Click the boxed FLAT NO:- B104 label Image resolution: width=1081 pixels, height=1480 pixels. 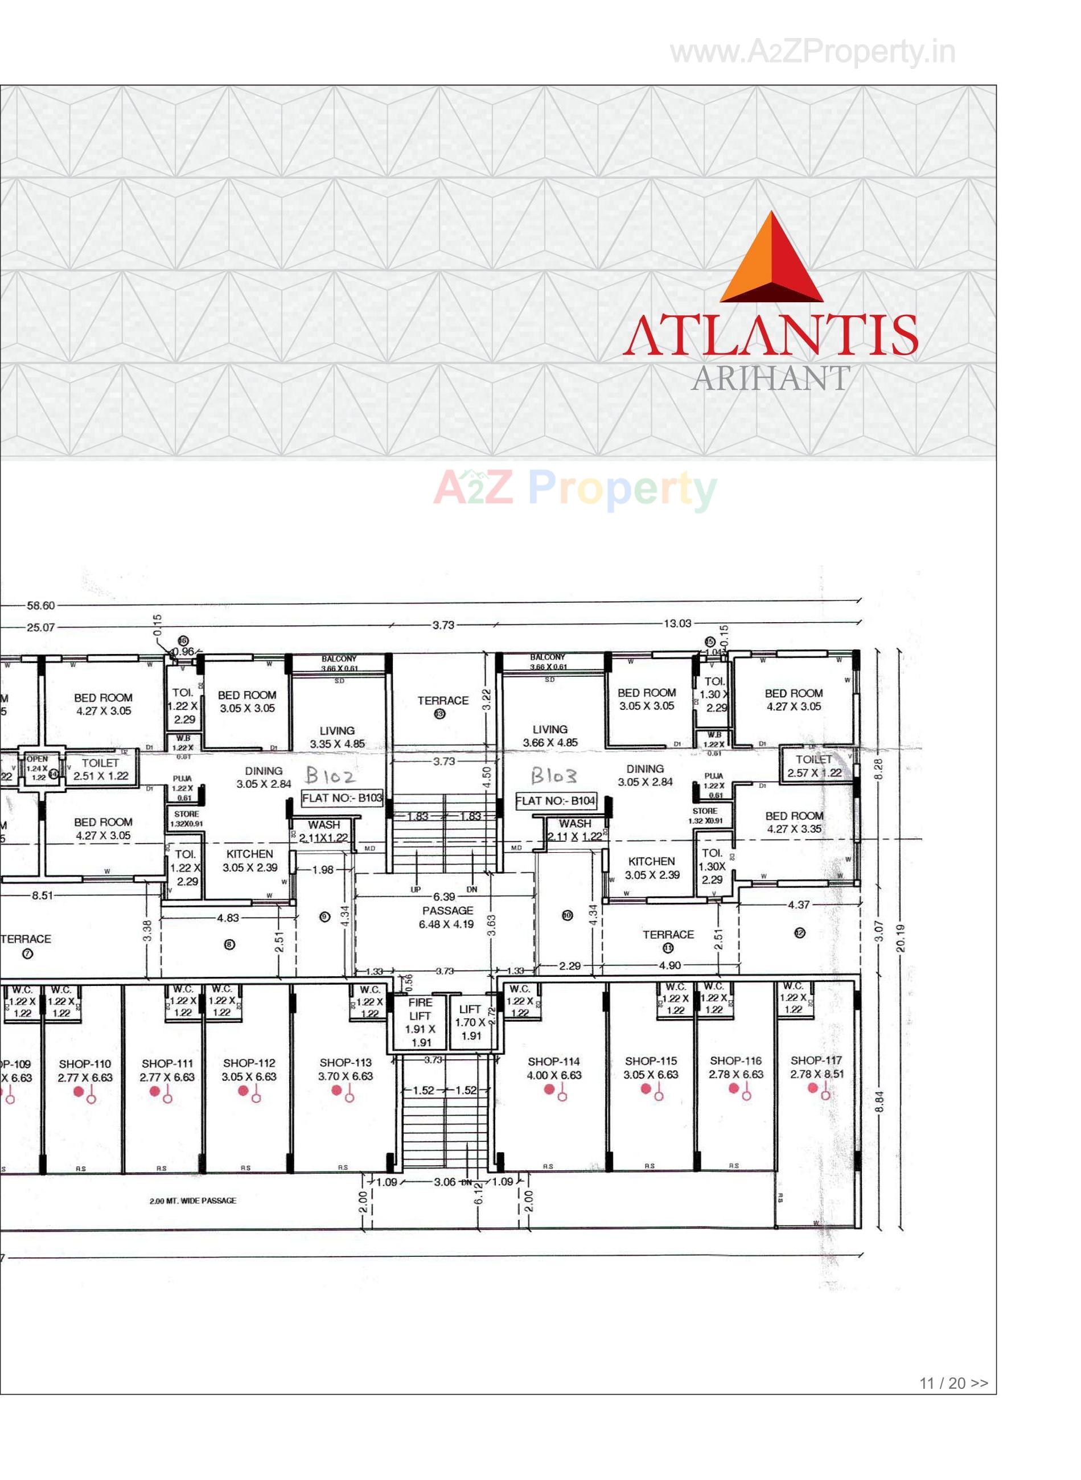[556, 800]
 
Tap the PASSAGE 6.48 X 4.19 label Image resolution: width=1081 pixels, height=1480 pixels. [447, 917]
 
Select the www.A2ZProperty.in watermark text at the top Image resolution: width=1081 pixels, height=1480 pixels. [813, 52]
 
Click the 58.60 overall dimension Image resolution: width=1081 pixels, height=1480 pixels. [40, 606]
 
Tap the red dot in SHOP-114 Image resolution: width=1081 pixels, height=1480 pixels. [549, 1089]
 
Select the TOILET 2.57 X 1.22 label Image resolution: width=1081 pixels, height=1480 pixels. [814, 766]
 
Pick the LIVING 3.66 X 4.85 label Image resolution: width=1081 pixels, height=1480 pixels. [550, 735]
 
